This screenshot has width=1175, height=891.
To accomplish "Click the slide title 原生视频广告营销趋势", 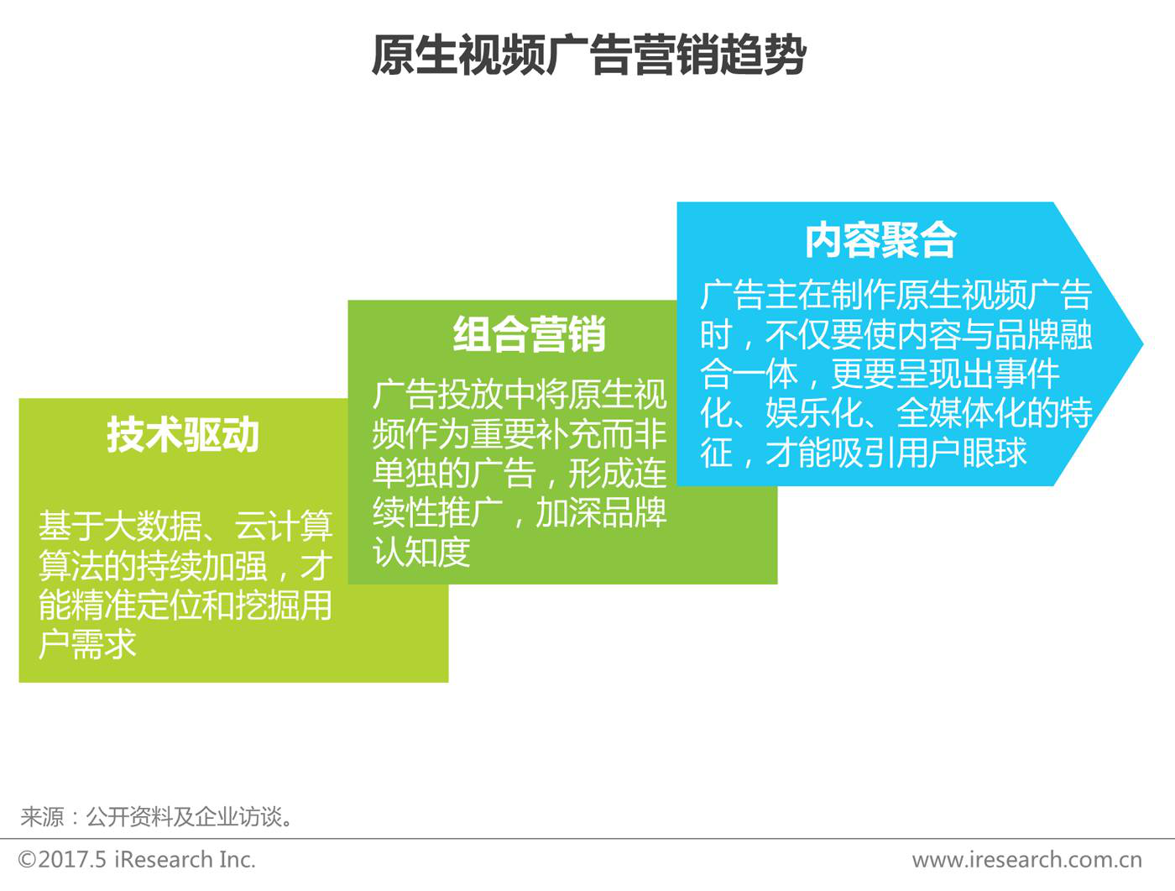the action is point(588,55).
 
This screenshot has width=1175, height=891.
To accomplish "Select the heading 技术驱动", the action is point(182,435).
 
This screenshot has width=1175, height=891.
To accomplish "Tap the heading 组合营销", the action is point(529,335).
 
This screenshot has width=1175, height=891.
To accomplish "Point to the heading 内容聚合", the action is point(880,240).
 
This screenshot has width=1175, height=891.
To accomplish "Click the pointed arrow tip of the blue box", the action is point(1142,343).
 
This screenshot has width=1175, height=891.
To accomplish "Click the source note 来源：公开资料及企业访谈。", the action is point(157,817).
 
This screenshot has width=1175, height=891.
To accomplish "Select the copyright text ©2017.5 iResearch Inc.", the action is point(137,860).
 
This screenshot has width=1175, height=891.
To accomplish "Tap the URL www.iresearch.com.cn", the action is point(1027,860).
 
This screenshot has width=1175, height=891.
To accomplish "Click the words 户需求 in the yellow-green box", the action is point(87,645).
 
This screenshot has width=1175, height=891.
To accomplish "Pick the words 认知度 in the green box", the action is point(421,552).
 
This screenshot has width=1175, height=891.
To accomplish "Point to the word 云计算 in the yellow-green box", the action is point(285,526).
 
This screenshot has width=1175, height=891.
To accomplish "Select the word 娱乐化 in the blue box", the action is point(814,413).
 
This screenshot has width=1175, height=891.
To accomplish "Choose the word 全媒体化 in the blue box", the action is point(962,413).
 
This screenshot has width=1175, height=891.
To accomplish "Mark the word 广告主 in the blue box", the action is point(749,295).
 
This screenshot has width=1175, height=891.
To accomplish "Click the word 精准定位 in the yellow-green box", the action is point(136,605).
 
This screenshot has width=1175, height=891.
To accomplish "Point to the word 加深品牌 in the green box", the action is point(601,513).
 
